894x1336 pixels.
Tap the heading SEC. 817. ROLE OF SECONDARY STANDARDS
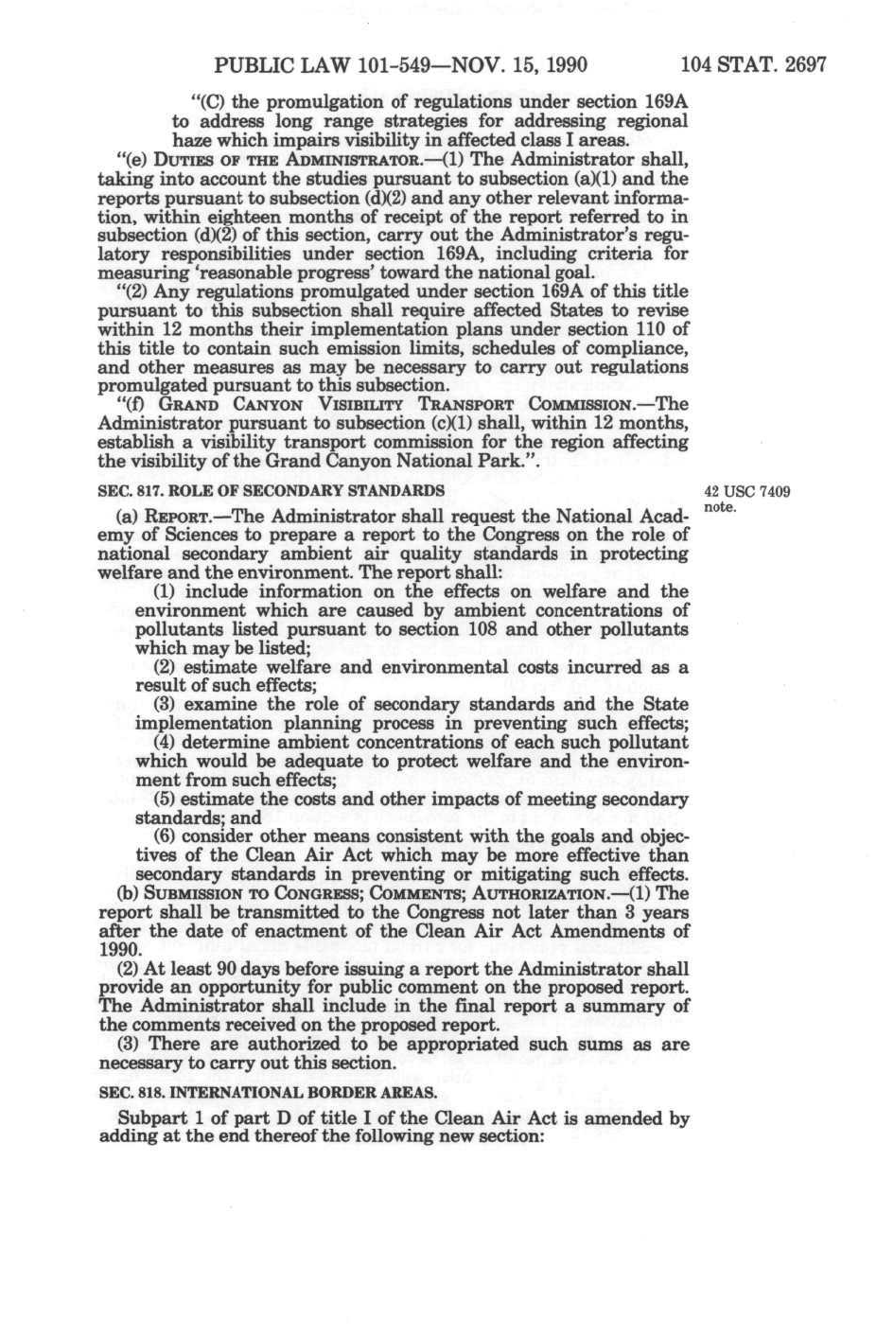tap(272, 490)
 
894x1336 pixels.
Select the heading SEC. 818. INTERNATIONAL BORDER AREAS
tap(268, 1092)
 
